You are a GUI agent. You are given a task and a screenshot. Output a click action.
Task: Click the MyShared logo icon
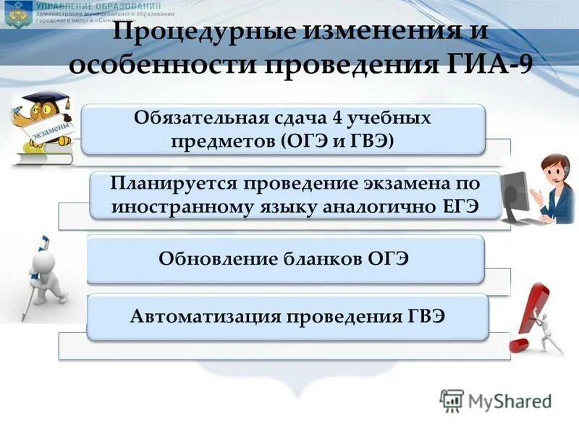click(452, 401)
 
